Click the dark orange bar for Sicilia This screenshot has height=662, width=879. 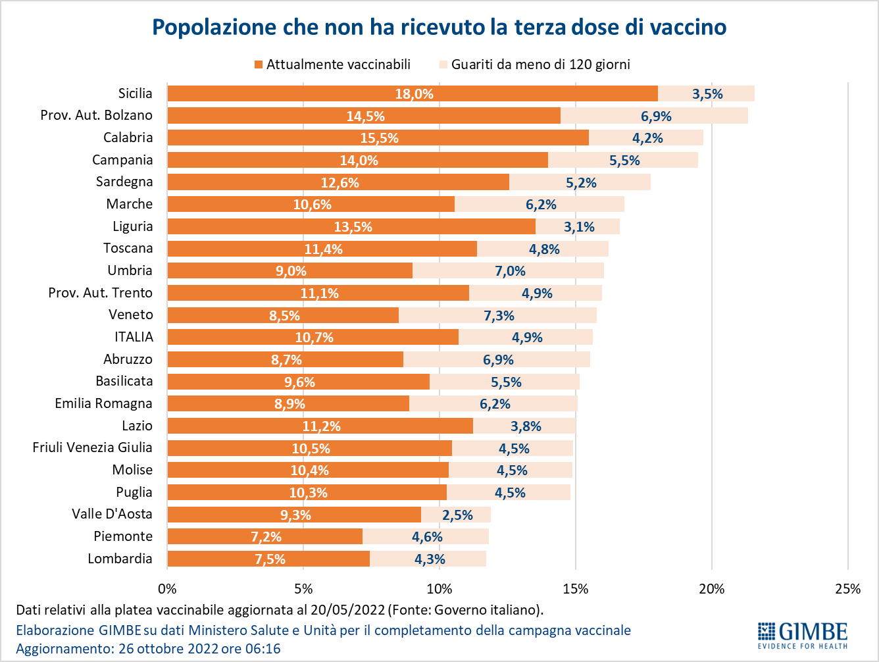pyautogui.click(x=413, y=93)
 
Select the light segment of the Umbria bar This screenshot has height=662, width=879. pyautogui.click(x=508, y=270)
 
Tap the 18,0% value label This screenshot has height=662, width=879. pyautogui.click(x=414, y=94)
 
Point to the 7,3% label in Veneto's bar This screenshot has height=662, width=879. pyautogui.click(x=499, y=316)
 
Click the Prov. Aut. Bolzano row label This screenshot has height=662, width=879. pyautogui.click(x=97, y=115)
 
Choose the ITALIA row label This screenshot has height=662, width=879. pyautogui.click(x=134, y=337)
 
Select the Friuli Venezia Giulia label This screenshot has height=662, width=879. pyautogui.click(x=93, y=447)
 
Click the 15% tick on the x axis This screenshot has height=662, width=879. pyautogui.click(x=576, y=589)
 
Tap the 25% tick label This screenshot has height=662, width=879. pyautogui.click(x=848, y=589)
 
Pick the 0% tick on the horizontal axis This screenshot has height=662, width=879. pyautogui.click(x=167, y=589)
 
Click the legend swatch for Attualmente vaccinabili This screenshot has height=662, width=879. pyautogui.click(x=259, y=64)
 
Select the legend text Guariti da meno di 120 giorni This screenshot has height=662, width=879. pyautogui.click(x=541, y=64)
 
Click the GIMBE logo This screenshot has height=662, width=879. pyautogui.click(x=803, y=636)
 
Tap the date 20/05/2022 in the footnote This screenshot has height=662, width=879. pyautogui.click(x=347, y=610)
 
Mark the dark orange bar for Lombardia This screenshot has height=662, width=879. pyautogui.click(x=268, y=559)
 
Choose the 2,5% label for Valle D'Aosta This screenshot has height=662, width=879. pyautogui.click(x=457, y=515)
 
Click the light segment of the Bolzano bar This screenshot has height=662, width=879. pyautogui.click(x=655, y=116)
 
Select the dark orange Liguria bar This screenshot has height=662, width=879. pyautogui.click(x=351, y=226)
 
